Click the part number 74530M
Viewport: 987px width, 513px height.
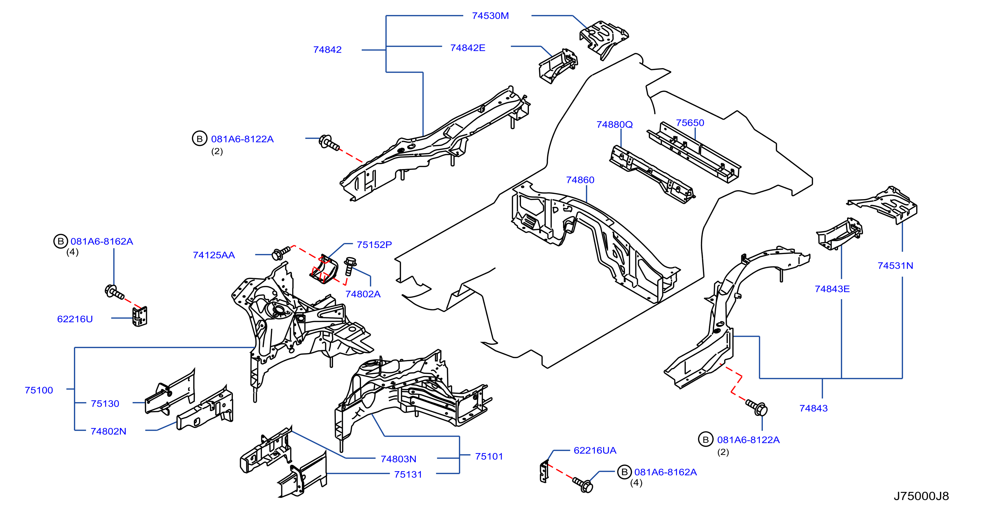point(490,16)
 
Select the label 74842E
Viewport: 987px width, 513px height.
point(467,48)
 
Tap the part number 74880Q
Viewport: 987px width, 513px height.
point(614,124)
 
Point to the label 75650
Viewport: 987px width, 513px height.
point(690,123)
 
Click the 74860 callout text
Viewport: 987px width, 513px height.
point(580,180)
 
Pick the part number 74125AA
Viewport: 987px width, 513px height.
point(213,255)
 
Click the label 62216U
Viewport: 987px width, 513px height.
point(75,319)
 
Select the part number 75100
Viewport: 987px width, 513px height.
point(39,390)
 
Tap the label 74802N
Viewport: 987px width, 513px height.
point(108,431)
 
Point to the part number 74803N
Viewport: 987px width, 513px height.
point(398,459)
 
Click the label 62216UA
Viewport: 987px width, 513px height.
point(595,450)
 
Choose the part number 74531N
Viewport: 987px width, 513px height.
point(895,266)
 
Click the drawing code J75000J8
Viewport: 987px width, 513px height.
point(921,496)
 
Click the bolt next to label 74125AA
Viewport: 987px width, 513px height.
point(281,253)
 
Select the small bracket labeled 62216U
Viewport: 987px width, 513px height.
point(140,316)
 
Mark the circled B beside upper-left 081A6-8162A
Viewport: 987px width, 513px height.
point(60,241)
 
